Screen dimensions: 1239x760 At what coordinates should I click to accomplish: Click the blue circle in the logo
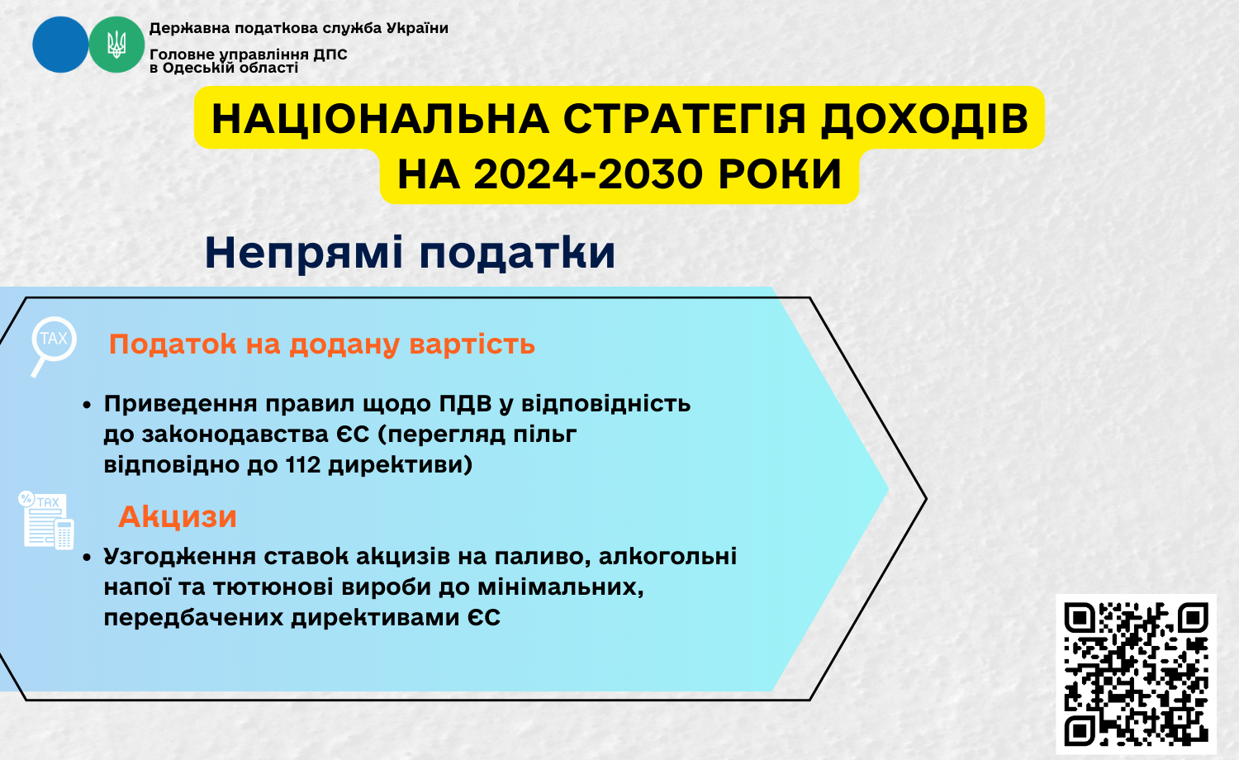60,45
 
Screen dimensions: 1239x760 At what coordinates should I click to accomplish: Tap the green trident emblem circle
116,45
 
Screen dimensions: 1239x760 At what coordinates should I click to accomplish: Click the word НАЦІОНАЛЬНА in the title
381,118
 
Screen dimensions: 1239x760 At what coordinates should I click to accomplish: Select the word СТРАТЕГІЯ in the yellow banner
685,118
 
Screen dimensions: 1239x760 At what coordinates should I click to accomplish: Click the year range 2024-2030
588,174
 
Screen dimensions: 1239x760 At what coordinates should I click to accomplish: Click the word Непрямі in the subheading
304,254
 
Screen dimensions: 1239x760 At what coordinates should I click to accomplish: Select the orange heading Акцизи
178,516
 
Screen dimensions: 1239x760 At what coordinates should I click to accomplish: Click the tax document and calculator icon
46,520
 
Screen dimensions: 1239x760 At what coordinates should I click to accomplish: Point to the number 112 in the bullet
303,464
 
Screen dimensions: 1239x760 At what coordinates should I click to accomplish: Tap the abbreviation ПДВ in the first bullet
466,404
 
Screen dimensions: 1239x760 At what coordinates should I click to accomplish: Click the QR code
1136,674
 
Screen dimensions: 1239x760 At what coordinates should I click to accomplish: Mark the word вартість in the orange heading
472,344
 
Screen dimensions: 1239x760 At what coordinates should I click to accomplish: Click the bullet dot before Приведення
86,406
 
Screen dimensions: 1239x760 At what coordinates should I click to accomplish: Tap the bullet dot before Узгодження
86,558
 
